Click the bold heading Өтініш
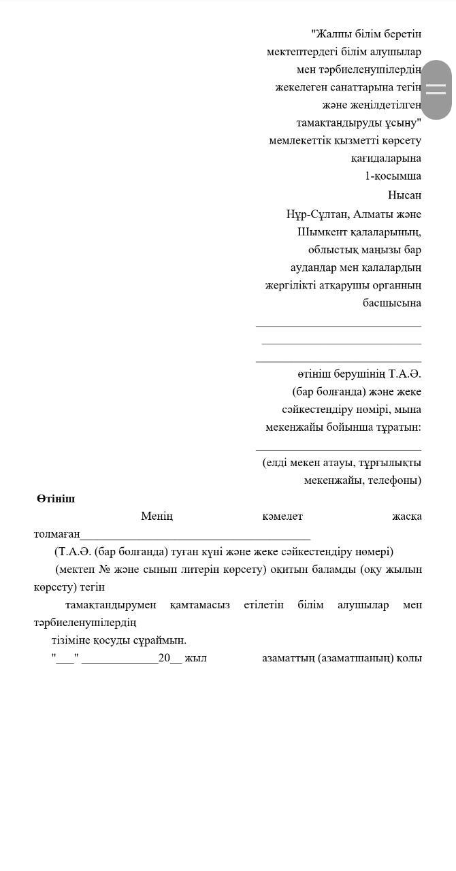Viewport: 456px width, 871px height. pos(56,499)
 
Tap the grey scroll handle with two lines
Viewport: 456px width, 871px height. pos(436,89)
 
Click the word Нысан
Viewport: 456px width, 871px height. pos(404,195)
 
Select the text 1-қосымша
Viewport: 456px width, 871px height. pos(393,176)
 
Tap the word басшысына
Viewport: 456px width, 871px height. pos(391,303)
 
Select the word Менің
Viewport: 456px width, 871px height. pos(157,516)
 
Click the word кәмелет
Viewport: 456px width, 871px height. pos(282,516)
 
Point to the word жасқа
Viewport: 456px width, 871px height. pos(406,516)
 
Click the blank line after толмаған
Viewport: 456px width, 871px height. pos(195,536)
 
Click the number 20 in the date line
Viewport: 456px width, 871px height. pos(164,658)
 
